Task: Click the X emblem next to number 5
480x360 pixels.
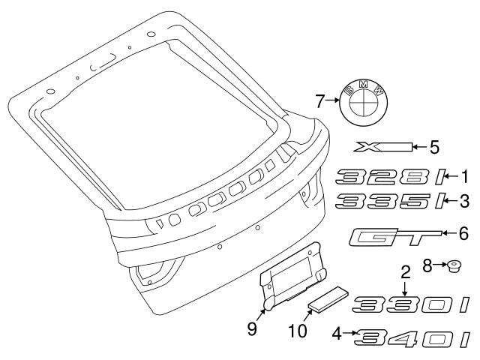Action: point(383,147)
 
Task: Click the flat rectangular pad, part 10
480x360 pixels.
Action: point(328,300)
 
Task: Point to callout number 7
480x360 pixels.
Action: point(320,102)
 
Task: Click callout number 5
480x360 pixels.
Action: point(434,147)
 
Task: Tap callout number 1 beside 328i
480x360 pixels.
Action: point(465,177)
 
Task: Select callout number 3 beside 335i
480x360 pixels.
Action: point(465,202)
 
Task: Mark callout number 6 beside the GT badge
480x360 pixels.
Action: point(464,233)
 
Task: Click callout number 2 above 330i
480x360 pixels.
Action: point(405,271)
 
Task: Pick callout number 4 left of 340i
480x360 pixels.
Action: point(337,333)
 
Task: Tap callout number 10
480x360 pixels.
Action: point(298,331)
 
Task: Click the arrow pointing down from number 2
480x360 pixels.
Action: point(405,289)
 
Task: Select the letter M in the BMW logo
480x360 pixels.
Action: point(363,85)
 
